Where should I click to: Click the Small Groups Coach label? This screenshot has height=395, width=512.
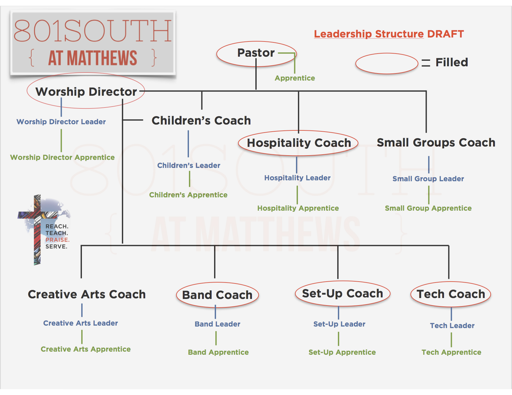(436, 143)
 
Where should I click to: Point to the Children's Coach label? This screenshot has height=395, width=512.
(201, 121)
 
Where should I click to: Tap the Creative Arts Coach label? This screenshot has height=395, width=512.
(87, 294)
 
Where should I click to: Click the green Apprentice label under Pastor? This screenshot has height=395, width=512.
(295, 78)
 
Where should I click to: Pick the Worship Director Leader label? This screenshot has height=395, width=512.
(61, 122)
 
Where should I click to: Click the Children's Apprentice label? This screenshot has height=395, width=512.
(188, 195)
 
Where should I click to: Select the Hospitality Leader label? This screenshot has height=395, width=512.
(297, 178)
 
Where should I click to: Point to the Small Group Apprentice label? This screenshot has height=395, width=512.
(428, 208)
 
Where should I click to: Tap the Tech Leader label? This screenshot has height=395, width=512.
(452, 326)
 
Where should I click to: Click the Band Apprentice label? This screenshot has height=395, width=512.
(218, 352)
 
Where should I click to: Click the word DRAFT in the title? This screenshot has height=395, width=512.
(445, 34)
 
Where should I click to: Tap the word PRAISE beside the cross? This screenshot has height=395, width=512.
(57, 240)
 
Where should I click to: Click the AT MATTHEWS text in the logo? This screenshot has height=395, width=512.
(92, 58)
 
